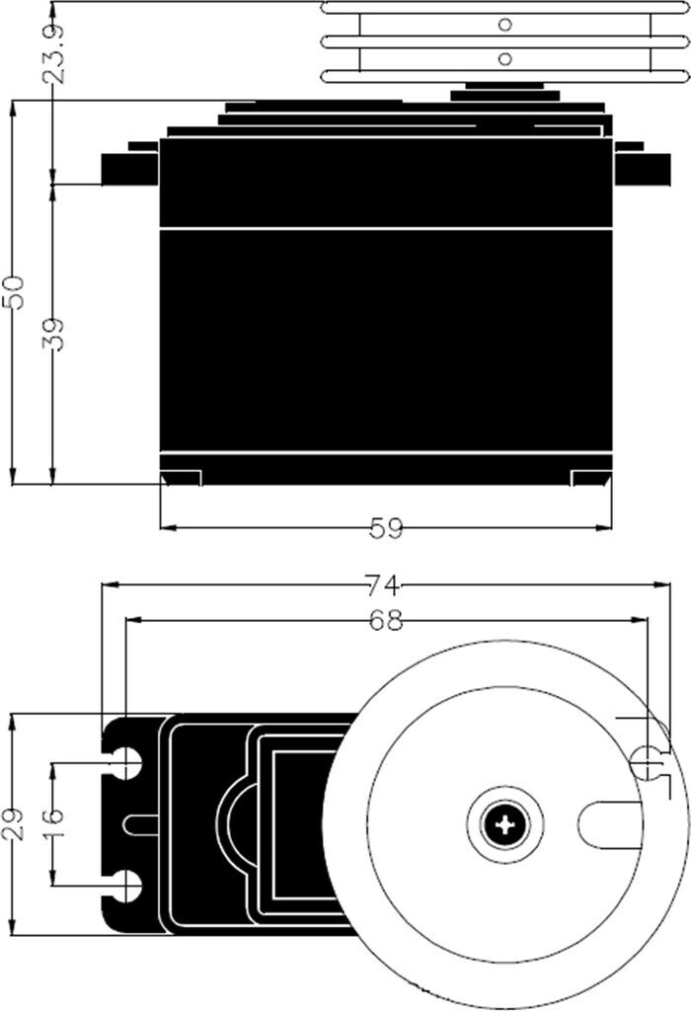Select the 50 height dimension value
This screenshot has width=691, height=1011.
tap(14, 292)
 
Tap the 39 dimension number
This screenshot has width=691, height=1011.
tap(55, 334)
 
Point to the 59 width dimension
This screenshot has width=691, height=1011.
tap(386, 529)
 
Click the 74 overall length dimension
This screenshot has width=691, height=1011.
tap(384, 585)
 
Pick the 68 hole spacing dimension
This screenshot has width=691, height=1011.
tap(385, 620)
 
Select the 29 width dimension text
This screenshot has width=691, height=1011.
tap(14, 823)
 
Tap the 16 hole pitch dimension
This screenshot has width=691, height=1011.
tap(54, 823)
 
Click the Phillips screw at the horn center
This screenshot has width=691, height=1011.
tap(504, 824)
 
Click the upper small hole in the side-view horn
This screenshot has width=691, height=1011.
tap(506, 25)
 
